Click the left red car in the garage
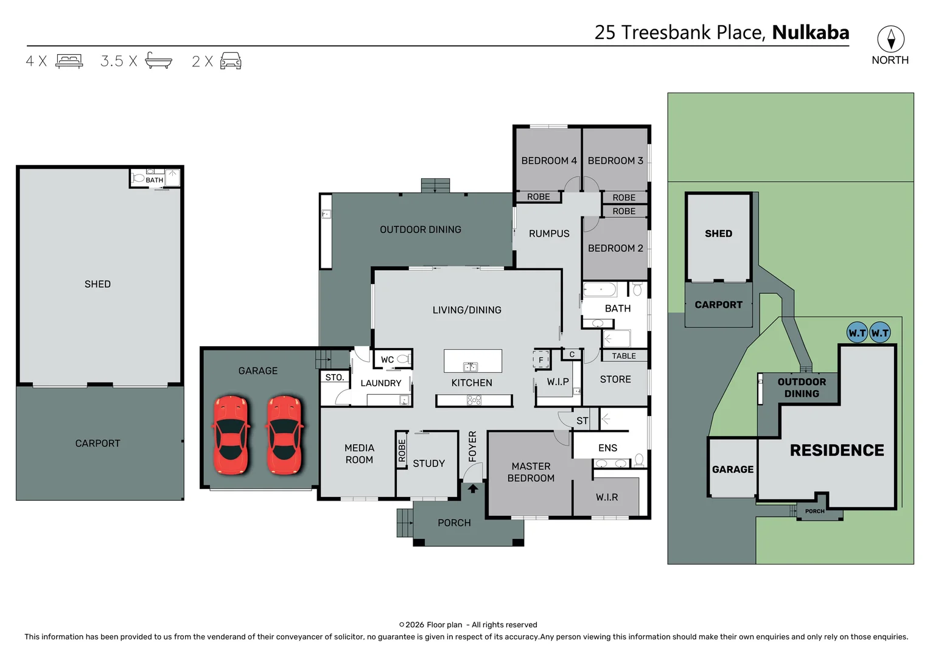tap(231, 435)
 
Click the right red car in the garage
tap(284, 435)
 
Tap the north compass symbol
tap(890, 40)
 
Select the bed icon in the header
tap(69, 61)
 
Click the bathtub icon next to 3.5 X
tap(158, 61)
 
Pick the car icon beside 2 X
tap(231, 61)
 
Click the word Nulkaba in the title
tap(810, 32)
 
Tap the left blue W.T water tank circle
tap(857, 333)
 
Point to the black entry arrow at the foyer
tap(473, 488)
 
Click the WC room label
tap(387, 360)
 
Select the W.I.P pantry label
tap(558, 382)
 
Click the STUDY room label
tap(428, 464)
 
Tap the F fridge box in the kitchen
tap(540, 360)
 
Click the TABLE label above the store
tap(624, 356)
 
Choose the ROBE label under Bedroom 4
tap(538, 197)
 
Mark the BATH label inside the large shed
tap(154, 180)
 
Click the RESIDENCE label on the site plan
tap(836, 450)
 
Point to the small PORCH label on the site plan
tap(814, 512)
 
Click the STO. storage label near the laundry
tap(334, 378)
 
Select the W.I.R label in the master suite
tap(606, 498)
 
